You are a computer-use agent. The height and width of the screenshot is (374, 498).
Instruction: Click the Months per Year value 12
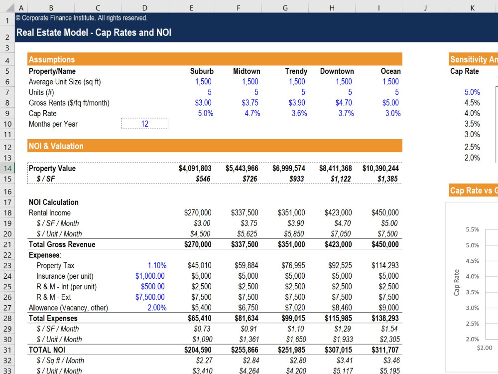(x=145, y=124)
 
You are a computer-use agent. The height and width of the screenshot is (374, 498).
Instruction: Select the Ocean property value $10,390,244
(x=380, y=168)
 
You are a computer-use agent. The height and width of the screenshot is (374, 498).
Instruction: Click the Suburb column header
(x=202, y=71)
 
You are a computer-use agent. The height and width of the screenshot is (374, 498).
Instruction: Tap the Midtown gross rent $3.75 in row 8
(x=250, y=103)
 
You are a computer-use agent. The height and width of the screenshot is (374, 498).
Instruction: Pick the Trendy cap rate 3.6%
(x=299, y=113)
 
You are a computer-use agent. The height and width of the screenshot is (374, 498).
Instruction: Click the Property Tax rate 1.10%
(x=157, y=265)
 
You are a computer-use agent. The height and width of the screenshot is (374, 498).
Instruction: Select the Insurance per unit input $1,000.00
(x=150, y=276)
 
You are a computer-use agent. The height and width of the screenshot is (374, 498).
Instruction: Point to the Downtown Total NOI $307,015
(x=338, y=350)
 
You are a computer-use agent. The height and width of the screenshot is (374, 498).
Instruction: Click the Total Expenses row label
(x=53, y=318)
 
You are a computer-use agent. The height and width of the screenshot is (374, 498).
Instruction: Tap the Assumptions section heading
(x=52, y=59)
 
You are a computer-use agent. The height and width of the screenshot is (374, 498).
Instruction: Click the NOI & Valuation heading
(x=56, y=146)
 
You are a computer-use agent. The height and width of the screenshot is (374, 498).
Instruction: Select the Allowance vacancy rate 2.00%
(x=157, y=308)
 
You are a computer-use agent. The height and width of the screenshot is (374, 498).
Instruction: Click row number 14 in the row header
(x=7, y=168)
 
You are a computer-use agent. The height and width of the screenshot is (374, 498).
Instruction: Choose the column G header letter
(x=285, y=8)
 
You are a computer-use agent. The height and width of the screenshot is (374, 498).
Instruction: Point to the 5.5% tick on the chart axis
(x=472, y=229)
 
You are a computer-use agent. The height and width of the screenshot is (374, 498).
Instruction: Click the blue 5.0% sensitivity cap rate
(x=472, y=92)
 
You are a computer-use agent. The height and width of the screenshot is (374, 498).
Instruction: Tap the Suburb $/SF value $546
(x=203, y=179)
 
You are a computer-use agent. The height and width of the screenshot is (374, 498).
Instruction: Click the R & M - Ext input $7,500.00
(x=150, y=297)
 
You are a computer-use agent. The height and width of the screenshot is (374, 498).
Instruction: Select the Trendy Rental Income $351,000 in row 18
(x=291, y=212)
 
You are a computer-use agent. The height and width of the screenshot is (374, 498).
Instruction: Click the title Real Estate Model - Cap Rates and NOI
(x=94, y=32)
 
